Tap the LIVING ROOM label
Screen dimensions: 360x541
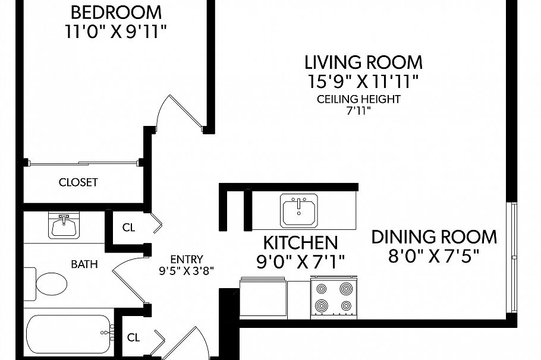pos(363,62)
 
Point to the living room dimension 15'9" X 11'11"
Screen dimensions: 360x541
pos(363,81)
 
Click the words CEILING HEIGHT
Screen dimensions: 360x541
pos(358,99)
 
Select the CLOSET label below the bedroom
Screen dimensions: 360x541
pos(78,182)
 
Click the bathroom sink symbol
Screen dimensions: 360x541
pos(62,226)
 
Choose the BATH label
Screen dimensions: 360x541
pos(84,264)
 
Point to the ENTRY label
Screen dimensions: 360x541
pos(186,259)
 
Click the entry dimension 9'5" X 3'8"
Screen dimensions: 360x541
pos(186,270)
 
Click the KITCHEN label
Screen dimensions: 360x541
pos(300,242)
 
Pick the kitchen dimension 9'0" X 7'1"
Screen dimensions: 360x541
pos(300,261)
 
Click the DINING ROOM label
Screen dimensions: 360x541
pos(434,237)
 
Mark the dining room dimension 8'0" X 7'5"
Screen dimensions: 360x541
pos(434,256)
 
